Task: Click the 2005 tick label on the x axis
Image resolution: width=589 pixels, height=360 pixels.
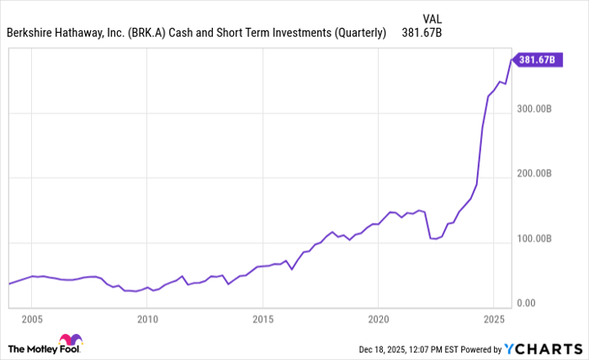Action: click(32, 319)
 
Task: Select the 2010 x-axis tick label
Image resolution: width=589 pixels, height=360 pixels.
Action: click(147, 319)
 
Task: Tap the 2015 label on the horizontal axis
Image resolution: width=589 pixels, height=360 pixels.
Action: click(263, 319)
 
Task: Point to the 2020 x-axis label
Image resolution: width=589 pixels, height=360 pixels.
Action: click(378, 319)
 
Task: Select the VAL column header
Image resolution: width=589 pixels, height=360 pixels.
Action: click(432, 17)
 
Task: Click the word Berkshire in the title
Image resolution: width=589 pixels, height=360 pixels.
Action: click(33, 34)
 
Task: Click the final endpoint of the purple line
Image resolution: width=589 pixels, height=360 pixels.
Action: click(512, 59)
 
